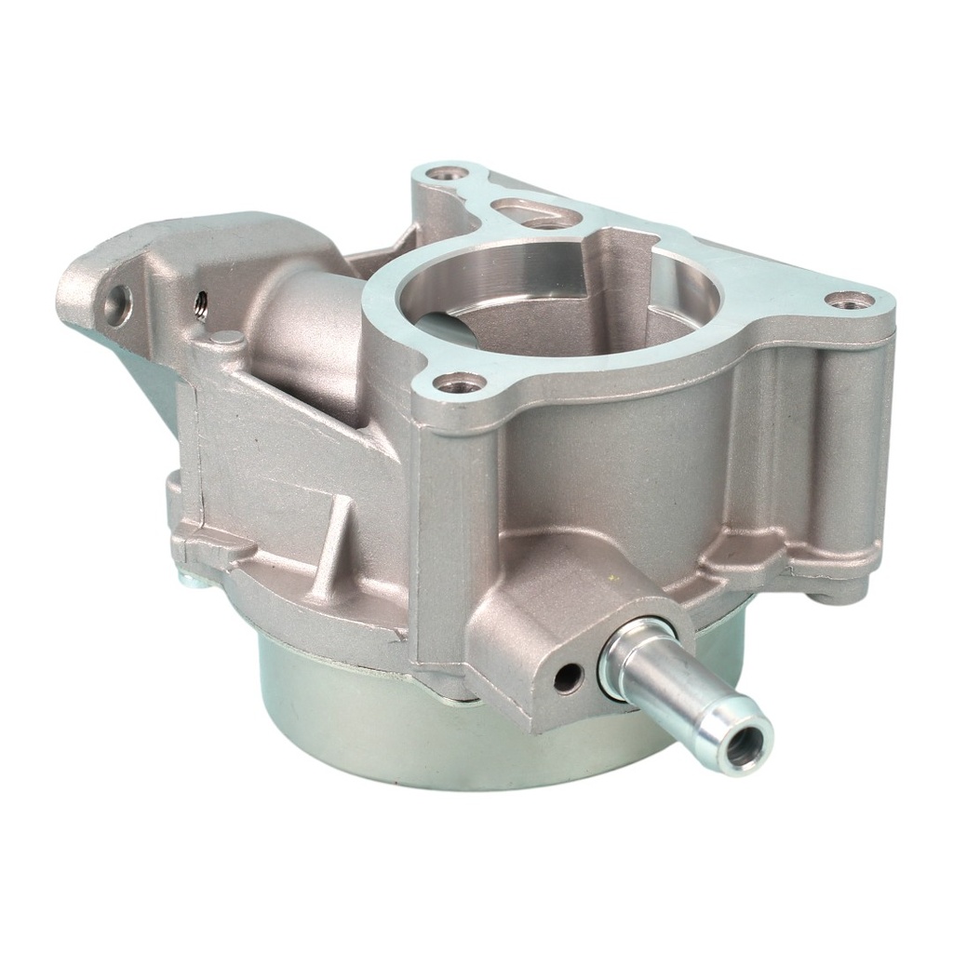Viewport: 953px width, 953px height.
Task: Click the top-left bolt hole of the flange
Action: point(453,173)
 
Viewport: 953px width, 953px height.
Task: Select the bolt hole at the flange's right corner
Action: point(850,300)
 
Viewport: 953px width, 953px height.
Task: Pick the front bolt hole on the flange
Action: point(459,382)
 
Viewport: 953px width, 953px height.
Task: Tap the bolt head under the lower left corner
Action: point(191,579)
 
